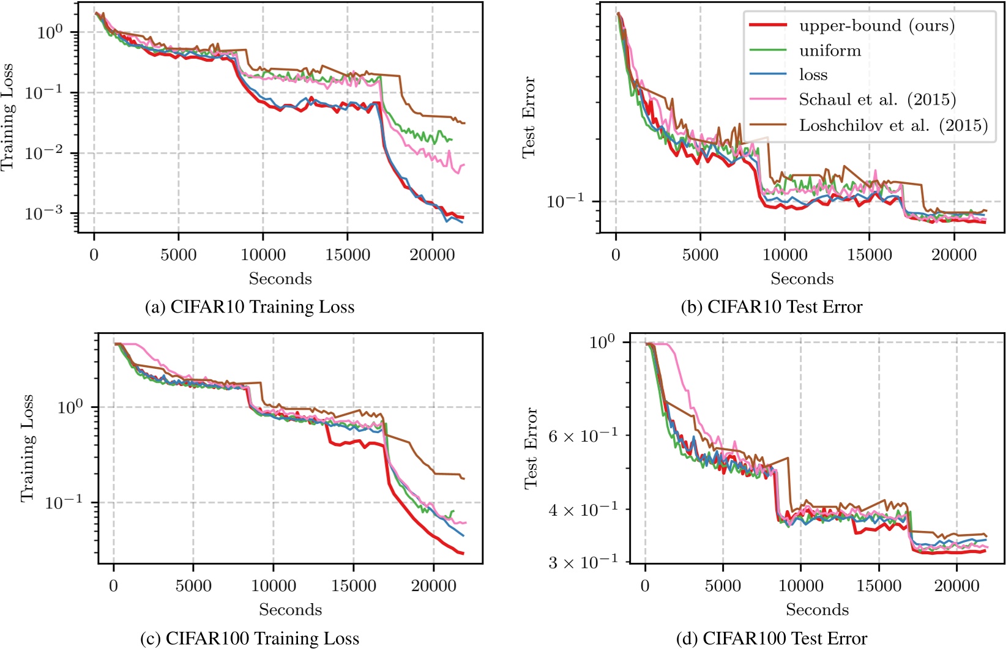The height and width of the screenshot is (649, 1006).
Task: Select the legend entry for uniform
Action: [x=830, y=51]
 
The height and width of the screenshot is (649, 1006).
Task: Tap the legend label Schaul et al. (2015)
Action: [x=877, y=100]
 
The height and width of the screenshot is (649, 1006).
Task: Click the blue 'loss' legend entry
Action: [x=813, y=75]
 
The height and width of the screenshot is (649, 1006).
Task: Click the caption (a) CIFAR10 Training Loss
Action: [x=250, y=306]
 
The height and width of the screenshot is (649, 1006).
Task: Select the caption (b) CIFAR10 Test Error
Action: [x=772, y=306]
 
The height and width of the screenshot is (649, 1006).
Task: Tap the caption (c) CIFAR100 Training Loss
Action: [x=250, y=639]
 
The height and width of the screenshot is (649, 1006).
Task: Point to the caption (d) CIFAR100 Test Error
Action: [x=772, y=639]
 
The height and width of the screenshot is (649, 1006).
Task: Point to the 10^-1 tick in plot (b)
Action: [x=565, y=201]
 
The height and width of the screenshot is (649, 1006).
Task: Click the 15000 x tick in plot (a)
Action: [x=348, y=254]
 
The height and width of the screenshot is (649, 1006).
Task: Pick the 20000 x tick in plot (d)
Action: [x=957, y=585]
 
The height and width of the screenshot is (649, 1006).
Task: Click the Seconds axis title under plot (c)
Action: [x=290, y=610]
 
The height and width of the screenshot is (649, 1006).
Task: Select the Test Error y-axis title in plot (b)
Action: [x=529, y=117]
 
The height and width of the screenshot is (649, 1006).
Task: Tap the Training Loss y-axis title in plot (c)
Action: [x=27, y=448]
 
